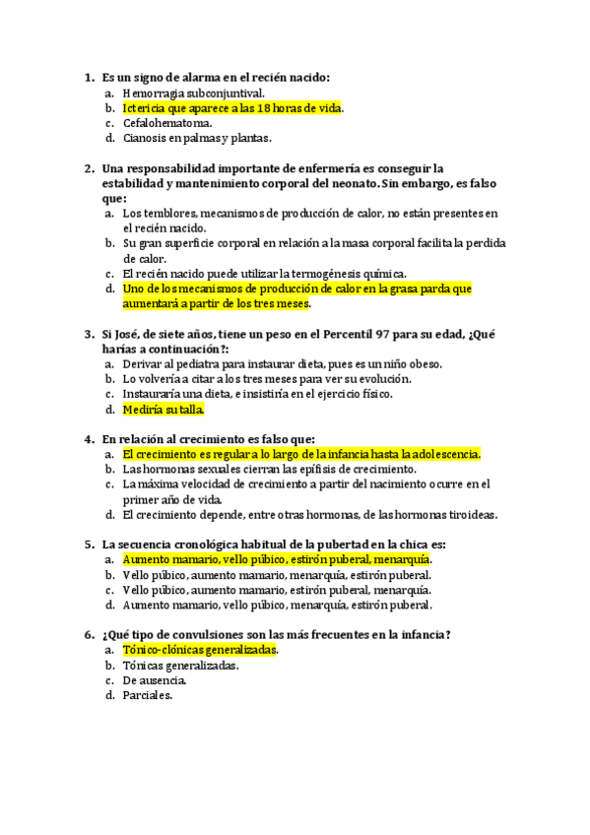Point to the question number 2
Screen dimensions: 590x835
[89, 168]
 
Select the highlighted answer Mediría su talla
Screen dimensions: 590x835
[164, 409]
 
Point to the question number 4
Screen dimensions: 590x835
[89, 439]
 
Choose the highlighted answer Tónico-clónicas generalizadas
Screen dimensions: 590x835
[200, 650]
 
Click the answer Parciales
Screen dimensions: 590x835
[148, 695]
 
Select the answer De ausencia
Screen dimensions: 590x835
[155, 679]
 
